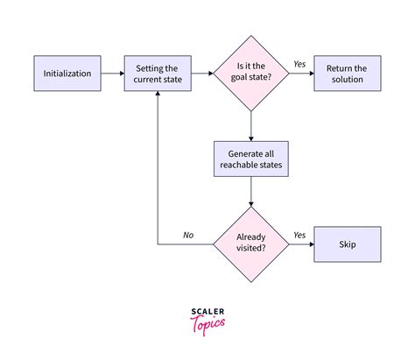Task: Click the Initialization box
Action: [67, 74]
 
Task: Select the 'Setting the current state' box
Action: [158, 74]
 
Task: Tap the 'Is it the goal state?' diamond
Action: [252, 74]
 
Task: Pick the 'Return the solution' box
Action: [347, 74]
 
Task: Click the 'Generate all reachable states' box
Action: [252, 158]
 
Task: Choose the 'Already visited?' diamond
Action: [252, 244]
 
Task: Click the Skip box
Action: [347, 244]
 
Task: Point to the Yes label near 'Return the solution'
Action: [299, 64]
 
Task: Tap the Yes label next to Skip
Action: [299, 235]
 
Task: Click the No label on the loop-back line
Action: [188, 235]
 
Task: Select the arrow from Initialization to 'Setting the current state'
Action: [112, 74]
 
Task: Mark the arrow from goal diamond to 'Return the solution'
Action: [301, 74]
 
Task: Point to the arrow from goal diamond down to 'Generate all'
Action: [252, 124]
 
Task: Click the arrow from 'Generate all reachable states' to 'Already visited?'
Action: [252, 192]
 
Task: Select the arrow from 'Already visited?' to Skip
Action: [301, 244]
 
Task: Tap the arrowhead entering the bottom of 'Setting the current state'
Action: [158, 95]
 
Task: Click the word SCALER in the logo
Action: [207, 310]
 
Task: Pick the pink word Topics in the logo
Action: [207, 323]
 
